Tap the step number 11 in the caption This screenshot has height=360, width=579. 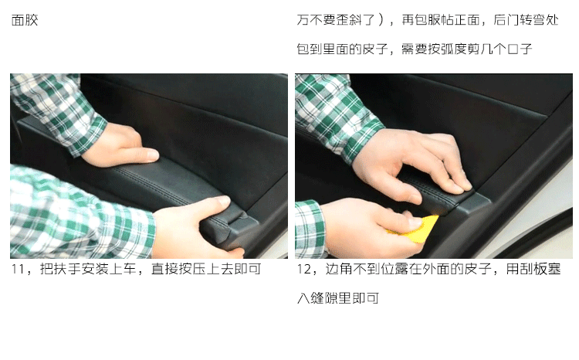pyautogui.click(x=18, y=269)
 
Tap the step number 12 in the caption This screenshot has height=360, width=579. pyautogui.click(x=304, y=269)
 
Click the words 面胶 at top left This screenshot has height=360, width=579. pyautogui.click(x=25, y=20)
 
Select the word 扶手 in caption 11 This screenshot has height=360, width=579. pyautogui.click(x=60, y=269)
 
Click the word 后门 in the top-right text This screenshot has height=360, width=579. pyautogui.click(x=506, y=20)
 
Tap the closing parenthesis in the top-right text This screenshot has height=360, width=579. pyautogui.click(x=381, y=20)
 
